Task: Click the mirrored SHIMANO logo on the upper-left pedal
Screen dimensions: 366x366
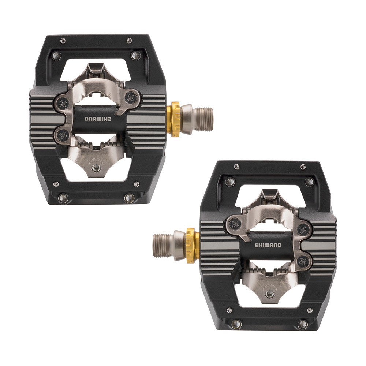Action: (98, 119)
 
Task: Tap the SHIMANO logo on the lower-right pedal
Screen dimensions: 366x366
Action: (268, 245)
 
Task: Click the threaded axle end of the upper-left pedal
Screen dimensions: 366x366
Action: (204, 119)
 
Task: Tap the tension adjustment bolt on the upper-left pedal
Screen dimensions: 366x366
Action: (95, 167)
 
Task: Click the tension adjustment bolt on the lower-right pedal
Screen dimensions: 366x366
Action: (270, 294)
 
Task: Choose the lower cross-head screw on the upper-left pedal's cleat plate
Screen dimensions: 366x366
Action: (63, 134)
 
